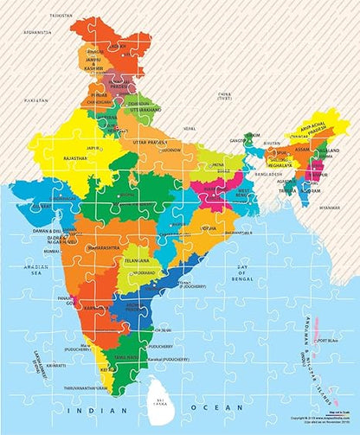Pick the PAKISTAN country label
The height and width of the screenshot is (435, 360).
point(35,101)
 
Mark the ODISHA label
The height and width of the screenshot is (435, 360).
point(209,228)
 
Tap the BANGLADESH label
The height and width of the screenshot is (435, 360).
point(268,174)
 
